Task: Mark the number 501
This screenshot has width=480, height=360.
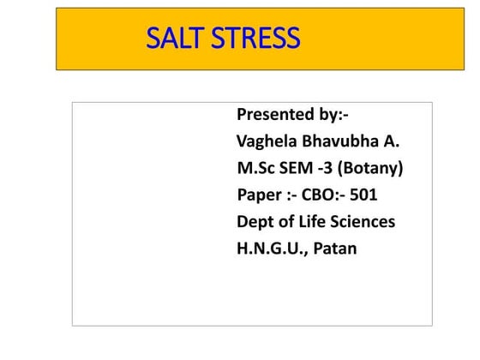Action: coord(363,195)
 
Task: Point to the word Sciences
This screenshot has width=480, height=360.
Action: coord(364,222)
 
